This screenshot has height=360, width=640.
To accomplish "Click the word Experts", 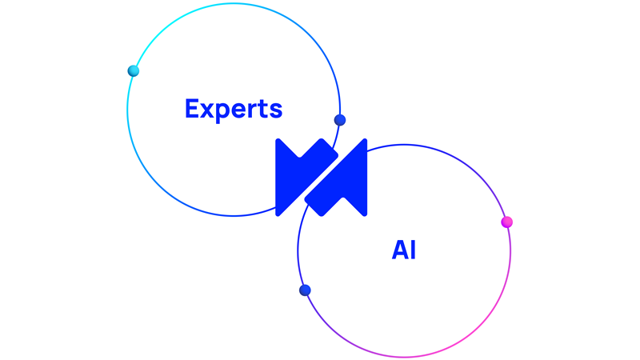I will [x=234, y=109].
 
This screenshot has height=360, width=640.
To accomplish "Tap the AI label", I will [x=404, y=250].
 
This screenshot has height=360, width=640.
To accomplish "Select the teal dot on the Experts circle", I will [x=134, y=71].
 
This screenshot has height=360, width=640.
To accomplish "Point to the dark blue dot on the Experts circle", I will [x=340, y=120].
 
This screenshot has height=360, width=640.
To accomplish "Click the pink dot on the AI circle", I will [x=506, y=222].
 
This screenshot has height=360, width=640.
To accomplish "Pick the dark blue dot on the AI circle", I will [x=305, y=290].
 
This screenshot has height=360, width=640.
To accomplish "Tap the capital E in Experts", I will [x=192, y=109].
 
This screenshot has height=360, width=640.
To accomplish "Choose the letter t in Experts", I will [x=266, y=109].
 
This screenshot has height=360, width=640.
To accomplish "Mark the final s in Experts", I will [x=277, y=110].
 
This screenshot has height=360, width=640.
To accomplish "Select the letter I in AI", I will [x=413, y=250].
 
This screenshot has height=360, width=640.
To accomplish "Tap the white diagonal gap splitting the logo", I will [x=321, y=178].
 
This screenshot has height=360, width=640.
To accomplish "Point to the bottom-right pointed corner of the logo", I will [x=365, y=214].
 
